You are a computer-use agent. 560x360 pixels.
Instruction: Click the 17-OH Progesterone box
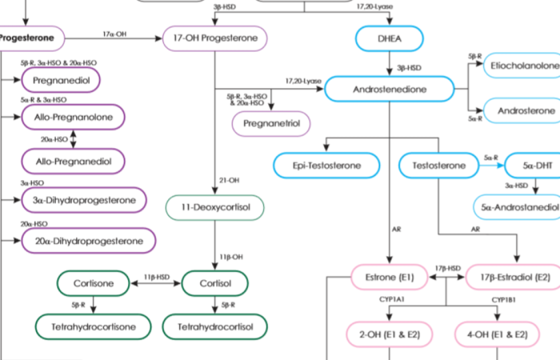click(214, 38)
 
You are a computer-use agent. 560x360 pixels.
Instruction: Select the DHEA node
click(389, 38)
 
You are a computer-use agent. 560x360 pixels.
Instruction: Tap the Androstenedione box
click(389, 90)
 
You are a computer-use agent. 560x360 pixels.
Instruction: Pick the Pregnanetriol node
click(270, 124)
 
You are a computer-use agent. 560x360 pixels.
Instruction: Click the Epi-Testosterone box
click(327, 166)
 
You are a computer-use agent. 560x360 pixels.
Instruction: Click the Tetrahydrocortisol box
click(214, 326)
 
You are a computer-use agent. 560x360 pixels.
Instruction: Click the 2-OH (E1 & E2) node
click(389, 333)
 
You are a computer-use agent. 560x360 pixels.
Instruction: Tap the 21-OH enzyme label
click(230, 181)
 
